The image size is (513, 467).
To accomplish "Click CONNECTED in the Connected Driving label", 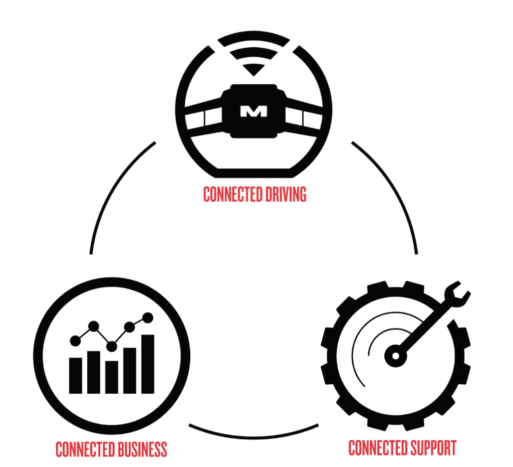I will point(228,194).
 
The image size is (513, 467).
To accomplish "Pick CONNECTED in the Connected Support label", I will point(375,447).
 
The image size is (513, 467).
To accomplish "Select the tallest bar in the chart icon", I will point(147,364).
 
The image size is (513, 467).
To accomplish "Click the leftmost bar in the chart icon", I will point(76,375).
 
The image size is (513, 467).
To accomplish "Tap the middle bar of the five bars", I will point(112,376).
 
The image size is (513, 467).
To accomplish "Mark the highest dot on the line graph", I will point(148,317).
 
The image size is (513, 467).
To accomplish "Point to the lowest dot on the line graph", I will point(112,346).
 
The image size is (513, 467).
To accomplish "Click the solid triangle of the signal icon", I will point(255,70).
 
